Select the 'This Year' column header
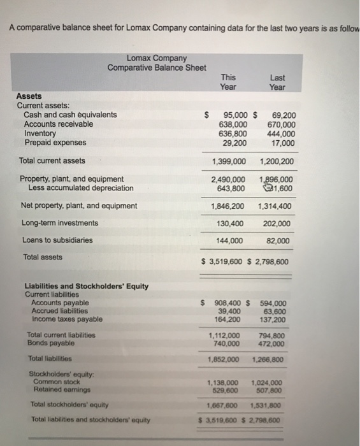(228, 82)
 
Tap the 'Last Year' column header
(277, 82)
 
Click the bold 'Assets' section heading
(29, 96)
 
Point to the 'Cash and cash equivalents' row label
(70, 115)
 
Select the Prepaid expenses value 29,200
(234, 143)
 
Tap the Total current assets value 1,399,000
(228, 161)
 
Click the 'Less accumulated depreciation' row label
(81, 188)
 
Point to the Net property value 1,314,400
(275, 206)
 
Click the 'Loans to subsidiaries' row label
(57, 240)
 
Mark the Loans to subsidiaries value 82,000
(279, 240)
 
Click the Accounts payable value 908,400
(231, 303)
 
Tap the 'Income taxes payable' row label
(66, 319)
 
